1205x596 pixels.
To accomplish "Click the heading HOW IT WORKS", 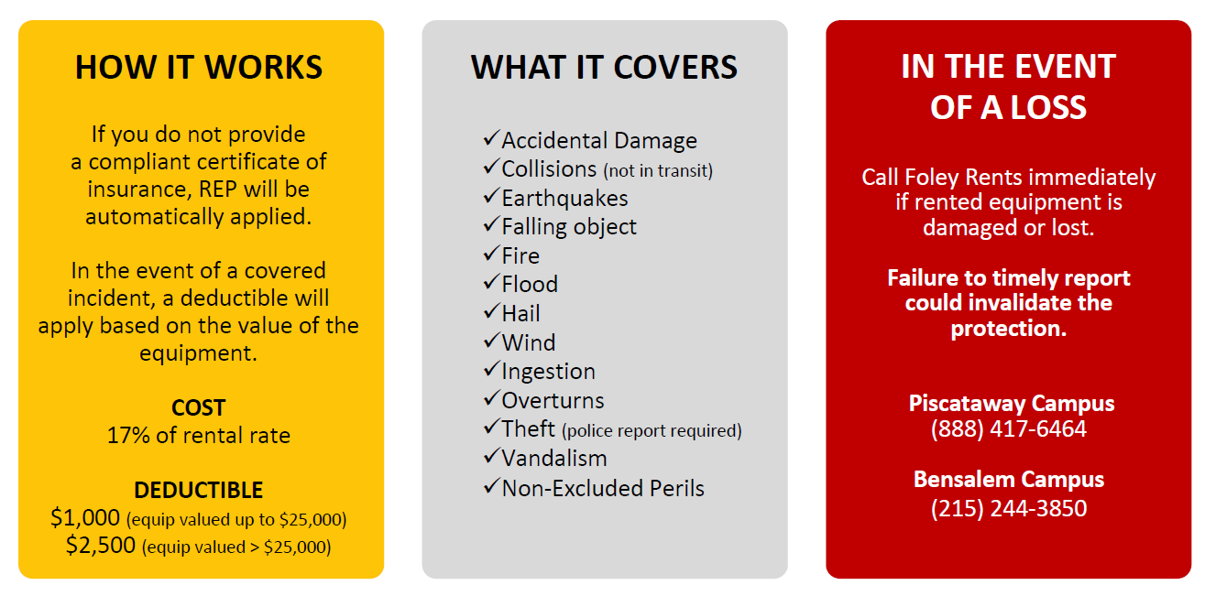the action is [x=199, y=67].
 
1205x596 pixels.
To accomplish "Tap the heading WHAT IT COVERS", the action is [x=604, y=67].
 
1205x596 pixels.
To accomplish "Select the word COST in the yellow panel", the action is [x=199, y=407].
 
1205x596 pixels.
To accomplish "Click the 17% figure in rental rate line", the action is [x=128, y=435].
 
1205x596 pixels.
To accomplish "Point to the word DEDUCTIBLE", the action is [x=199, y=490].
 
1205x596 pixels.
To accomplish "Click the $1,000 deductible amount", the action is [x=85, y=517].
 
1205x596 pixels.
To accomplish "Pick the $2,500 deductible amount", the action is [x=101, y=545].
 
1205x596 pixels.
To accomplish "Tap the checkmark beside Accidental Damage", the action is [x=492, y=137].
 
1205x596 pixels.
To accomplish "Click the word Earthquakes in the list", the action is [x=564, y=199].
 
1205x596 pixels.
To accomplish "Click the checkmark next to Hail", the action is [x=492, y=310].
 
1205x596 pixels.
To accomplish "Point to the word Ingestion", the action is [x=548, y=372].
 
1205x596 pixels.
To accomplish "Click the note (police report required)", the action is [x=652, y=430].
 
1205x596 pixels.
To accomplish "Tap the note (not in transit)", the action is [x=658, y=171].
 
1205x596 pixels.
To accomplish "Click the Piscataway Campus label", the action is [x=1012, y=404].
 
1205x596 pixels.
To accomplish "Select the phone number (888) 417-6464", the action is [x=1009, y=429].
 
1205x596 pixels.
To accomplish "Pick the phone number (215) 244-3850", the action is [x=1009, y=508].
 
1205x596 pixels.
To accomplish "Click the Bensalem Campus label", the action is [x=1009, y=480].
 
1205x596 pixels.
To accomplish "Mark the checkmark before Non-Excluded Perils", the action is [x=492, y=486].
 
